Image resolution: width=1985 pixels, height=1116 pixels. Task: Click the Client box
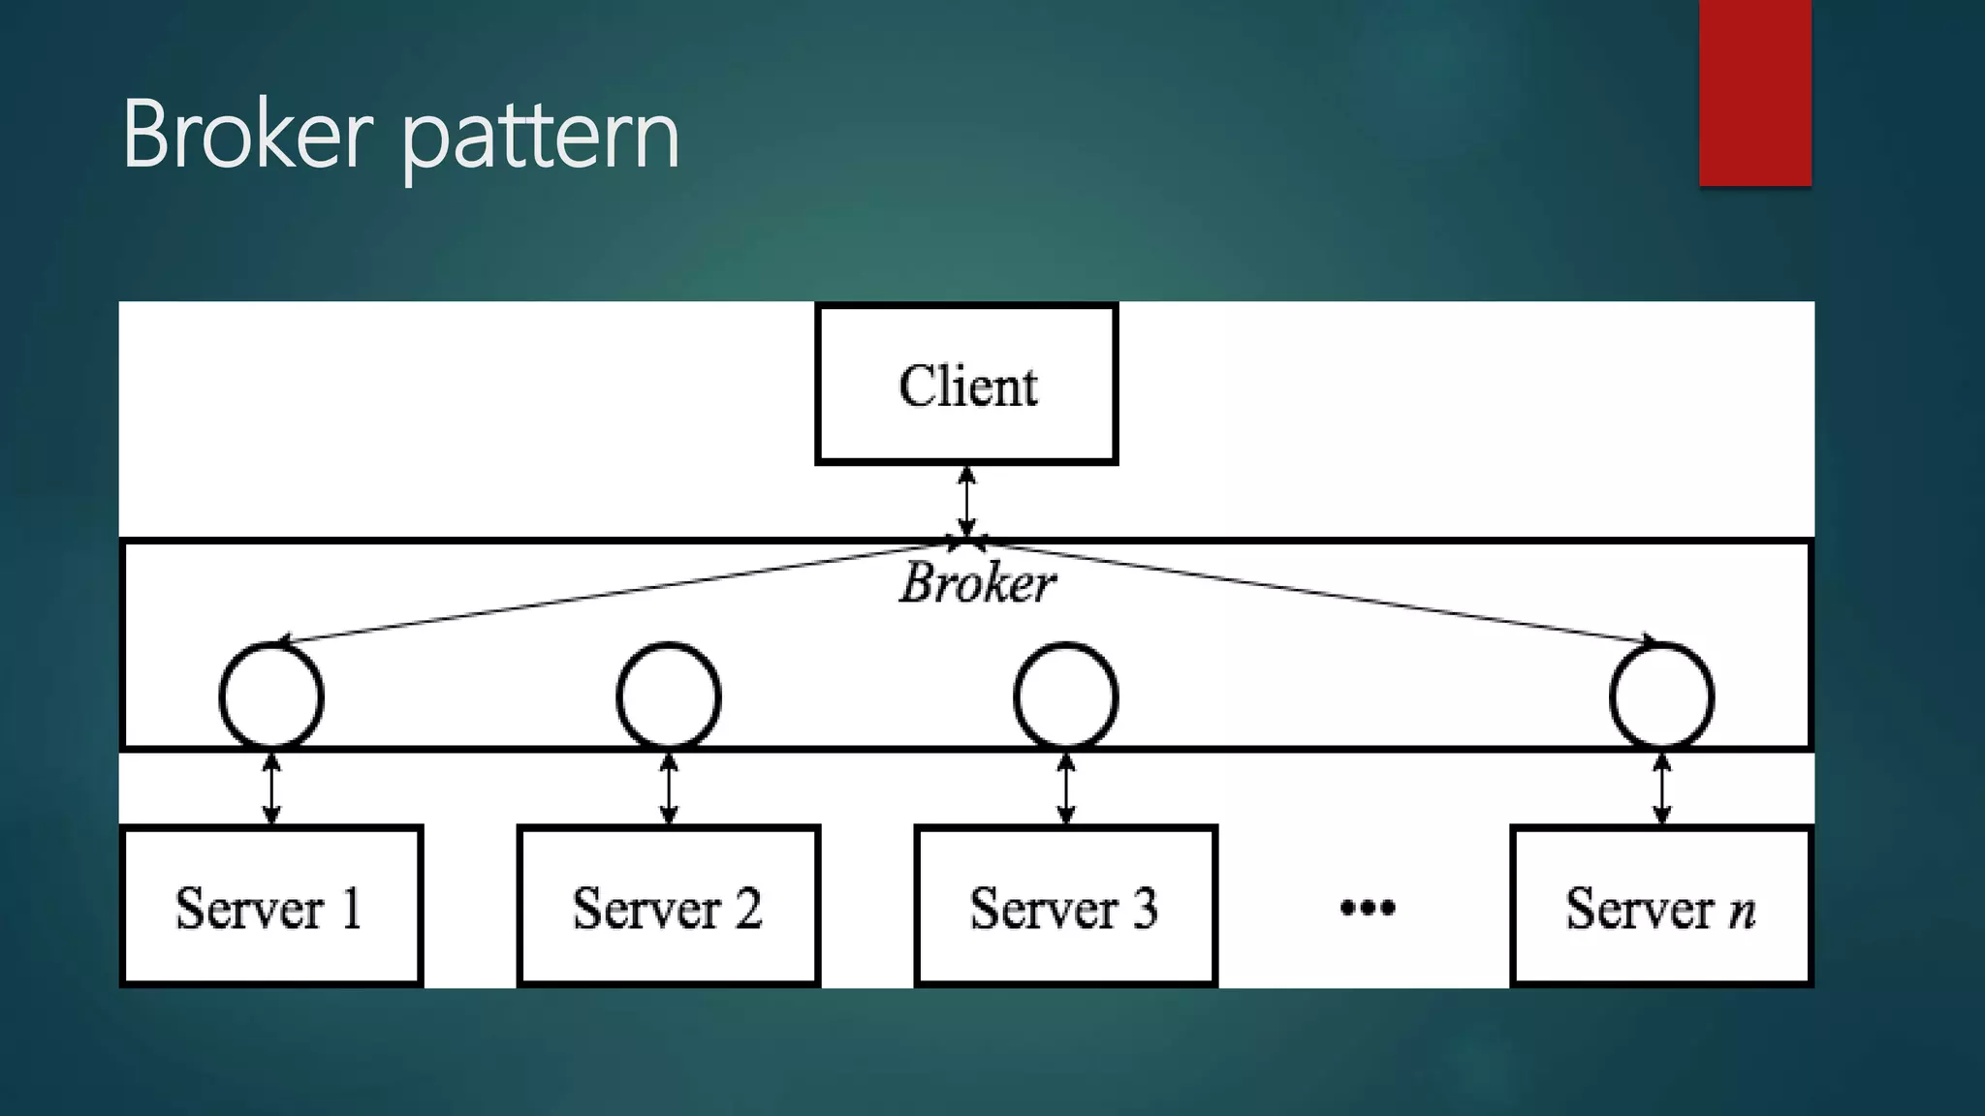click(966, 385)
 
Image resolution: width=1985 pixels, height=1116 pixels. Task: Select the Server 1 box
click(271, 906)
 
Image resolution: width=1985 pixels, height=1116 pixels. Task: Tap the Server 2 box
click(668, 906)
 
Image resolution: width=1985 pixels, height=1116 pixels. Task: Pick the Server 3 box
click(1065, 906)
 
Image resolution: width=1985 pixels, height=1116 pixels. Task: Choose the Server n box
click(1661, 906)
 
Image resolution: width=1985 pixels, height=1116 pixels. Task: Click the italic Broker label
click(977, 584)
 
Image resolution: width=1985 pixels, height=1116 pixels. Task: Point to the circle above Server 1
click(271, 696)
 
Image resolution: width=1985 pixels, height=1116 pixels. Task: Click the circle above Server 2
click(669, 696)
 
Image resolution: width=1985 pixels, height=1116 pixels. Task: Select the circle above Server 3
click(1066, 696)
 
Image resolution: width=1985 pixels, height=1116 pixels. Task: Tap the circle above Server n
click(1661, 696)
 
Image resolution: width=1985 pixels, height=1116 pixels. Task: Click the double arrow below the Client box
click(966, 501)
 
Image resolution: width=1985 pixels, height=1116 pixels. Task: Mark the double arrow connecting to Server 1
click(271, 789)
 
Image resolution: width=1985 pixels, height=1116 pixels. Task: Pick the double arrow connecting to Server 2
click(669, 789)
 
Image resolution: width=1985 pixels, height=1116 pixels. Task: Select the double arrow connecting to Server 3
click(1066, 789)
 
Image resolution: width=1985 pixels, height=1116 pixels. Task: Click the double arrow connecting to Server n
click(1661, 789)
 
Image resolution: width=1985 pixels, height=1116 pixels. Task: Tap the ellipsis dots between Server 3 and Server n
click(1367, 908)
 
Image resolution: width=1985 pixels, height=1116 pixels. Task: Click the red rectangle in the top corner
click(1754, 92)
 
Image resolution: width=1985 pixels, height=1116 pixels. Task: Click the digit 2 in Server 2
click(747, 908)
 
